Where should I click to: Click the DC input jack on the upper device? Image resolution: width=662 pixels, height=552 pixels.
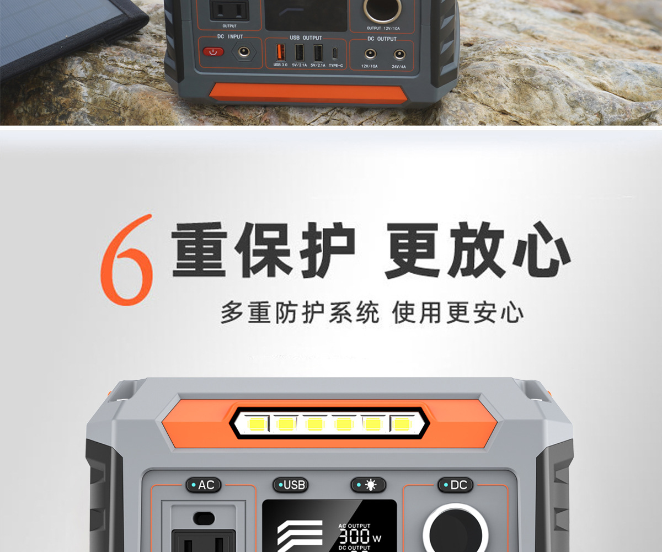point(242,52)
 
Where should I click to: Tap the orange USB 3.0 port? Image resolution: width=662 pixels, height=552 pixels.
point(280,52)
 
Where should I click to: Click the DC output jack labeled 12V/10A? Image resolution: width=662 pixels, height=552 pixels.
point(369,54)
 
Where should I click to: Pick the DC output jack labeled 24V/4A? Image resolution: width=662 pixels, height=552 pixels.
point(398,54)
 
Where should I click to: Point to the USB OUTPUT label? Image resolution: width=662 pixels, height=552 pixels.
point(306,38)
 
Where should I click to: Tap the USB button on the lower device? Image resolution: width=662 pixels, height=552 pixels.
point(291,485)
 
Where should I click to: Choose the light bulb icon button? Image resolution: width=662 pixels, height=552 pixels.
point(369,485)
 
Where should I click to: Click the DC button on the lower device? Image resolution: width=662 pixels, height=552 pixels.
point(455,485)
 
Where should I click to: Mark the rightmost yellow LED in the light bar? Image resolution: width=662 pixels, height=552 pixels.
point(401,424)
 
